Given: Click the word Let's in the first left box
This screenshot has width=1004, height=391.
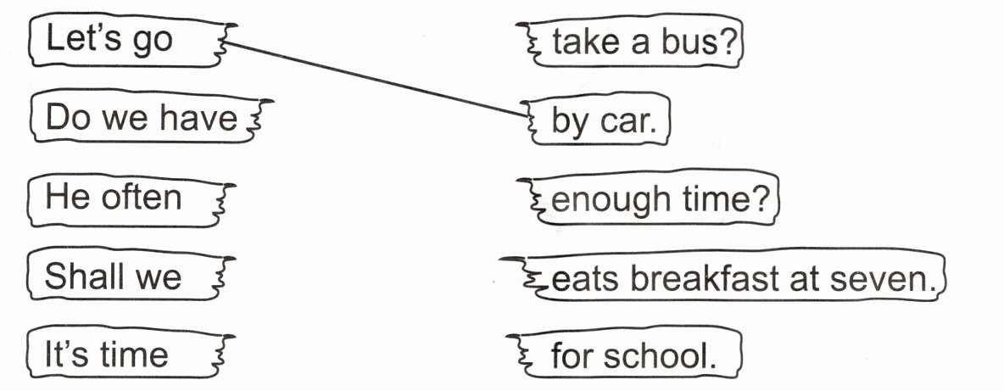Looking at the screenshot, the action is [81, 39].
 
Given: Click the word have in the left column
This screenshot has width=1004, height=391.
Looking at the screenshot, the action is [200, 118].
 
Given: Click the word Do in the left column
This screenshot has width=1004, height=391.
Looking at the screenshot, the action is [64, 118].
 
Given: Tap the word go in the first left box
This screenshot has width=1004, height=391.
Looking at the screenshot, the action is [153, 40].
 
